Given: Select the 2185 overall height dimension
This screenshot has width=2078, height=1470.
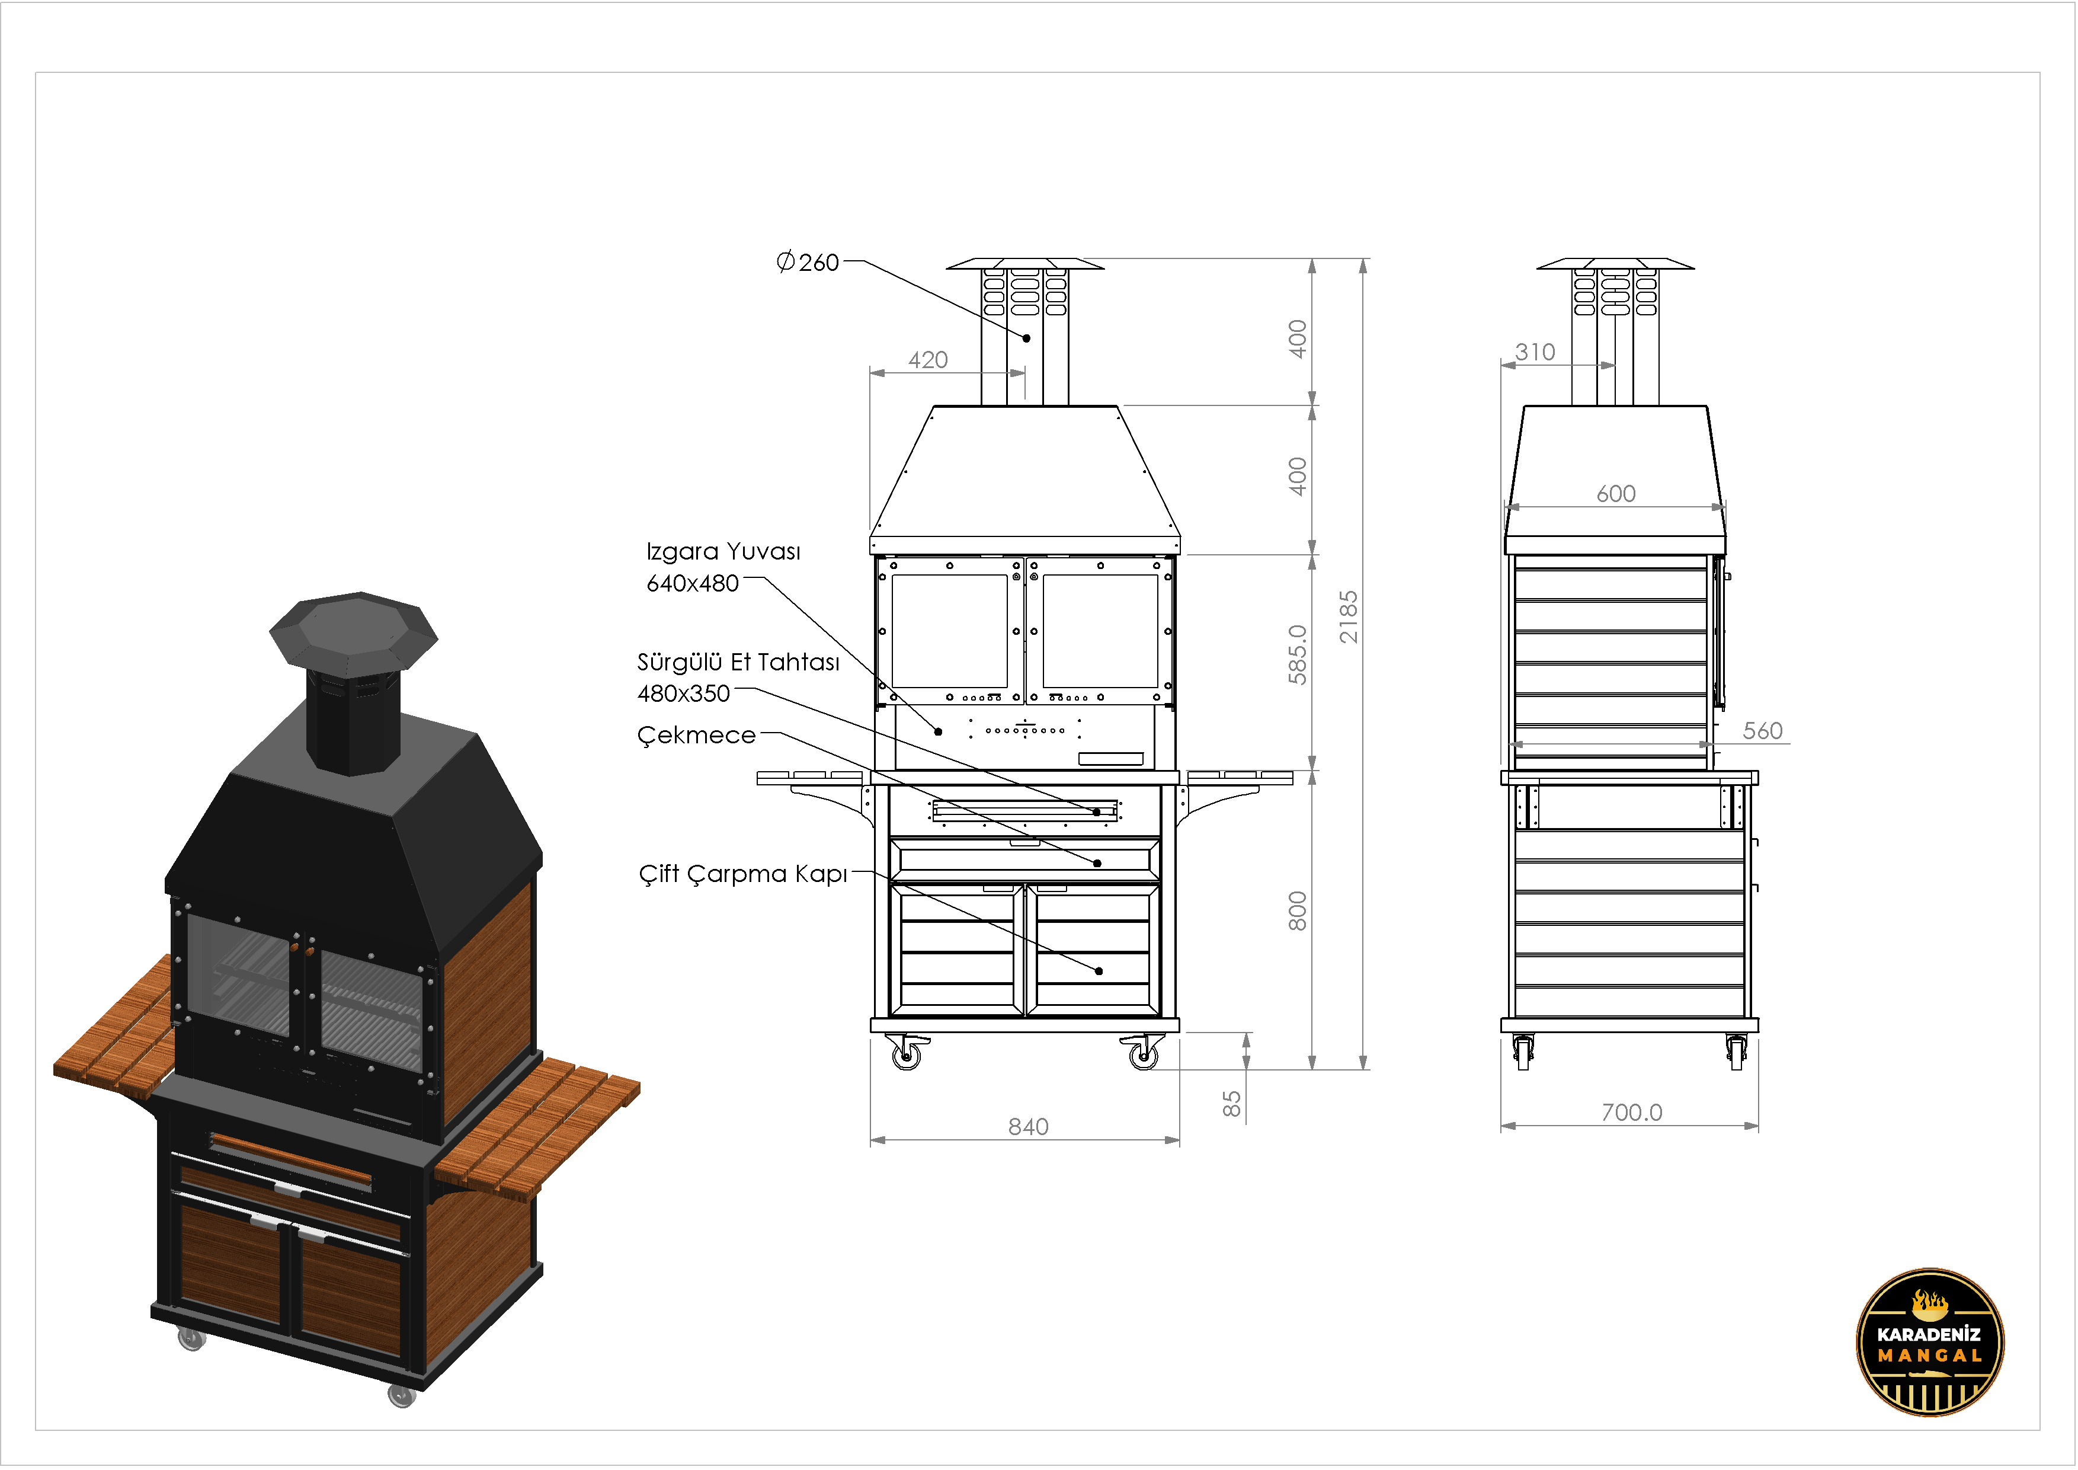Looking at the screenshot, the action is coord(1349,616).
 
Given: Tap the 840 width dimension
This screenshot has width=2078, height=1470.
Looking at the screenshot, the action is coord(1028,1126).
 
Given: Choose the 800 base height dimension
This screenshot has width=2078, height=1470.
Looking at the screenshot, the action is coord(1297,910).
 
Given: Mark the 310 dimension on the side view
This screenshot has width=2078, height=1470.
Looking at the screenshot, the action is coord(1535,351).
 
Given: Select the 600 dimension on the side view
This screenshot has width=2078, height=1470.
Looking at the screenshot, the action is coord(1615,493).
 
